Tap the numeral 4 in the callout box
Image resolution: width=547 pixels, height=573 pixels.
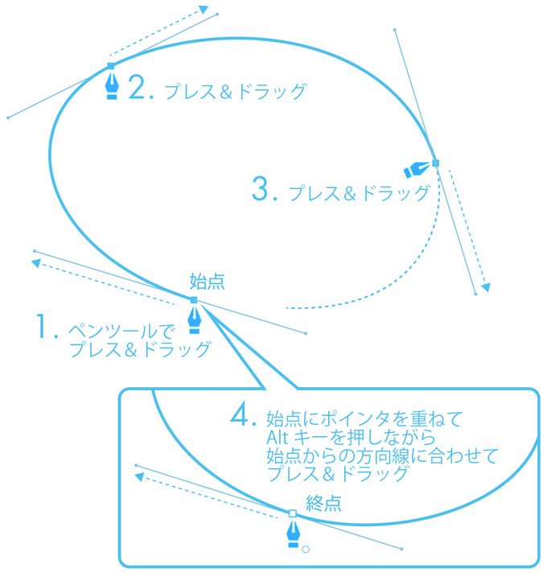point(243,416)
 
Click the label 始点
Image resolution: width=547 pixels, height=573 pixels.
point(207,281)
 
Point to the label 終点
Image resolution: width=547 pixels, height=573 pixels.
point(324,504)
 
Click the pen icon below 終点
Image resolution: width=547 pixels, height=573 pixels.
point(294,533)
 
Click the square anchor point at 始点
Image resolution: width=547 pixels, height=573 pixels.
point(194,300)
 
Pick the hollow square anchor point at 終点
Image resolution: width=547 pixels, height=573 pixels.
point(293,513)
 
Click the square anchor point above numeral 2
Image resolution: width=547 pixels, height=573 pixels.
point(111,66)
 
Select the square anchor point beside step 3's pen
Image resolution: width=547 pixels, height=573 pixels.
point(435,163)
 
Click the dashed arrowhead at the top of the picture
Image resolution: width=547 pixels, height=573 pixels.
point(203,10)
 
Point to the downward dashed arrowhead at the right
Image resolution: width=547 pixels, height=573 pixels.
point(486,286)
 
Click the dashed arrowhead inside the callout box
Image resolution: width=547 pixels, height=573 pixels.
point(138,477)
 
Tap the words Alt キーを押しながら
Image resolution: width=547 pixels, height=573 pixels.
point(350,438)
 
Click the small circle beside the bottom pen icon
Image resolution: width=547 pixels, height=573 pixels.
point(305,550)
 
